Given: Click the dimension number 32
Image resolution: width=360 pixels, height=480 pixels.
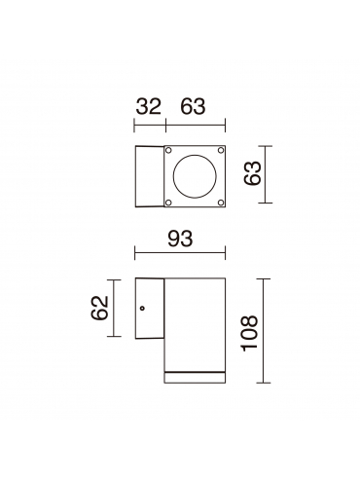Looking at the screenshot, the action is point(148,106).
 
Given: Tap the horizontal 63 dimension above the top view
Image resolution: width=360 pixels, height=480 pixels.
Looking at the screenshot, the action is point(193,106).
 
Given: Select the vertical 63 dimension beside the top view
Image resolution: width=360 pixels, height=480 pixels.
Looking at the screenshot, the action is point(253,173).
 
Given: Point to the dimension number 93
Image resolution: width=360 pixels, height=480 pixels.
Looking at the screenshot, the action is point(180,239).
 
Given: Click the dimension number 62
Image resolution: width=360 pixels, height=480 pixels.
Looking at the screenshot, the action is point(99,308).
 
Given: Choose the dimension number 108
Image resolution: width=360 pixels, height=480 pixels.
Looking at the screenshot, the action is point(249,333).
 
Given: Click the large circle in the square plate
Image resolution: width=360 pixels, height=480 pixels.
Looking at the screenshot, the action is point(195,176).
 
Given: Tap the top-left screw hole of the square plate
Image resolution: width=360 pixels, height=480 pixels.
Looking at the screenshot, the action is point(168,150).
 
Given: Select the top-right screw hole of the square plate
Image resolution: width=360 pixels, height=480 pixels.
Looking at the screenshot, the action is point(221,150).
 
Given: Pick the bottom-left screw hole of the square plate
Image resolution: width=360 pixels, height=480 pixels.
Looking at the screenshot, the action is point(168,203).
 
